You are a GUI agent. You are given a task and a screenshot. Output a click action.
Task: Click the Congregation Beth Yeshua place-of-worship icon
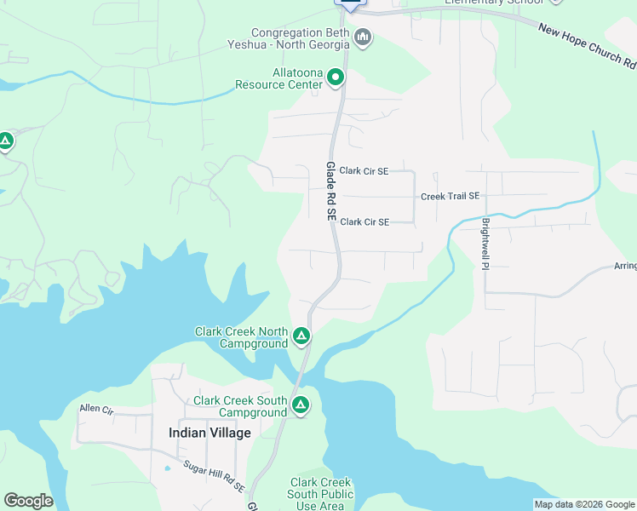(363, 37)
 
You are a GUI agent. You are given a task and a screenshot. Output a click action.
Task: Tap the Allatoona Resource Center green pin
(336, 78)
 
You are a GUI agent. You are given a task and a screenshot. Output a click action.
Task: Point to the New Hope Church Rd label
(587, 46)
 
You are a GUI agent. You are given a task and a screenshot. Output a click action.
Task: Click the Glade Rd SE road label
(330, 192)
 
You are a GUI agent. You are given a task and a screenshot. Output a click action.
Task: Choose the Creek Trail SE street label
(450, 196)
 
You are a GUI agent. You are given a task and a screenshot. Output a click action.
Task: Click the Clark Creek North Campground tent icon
(301, 336)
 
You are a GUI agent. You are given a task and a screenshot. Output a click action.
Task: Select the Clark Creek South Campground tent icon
(300, 405)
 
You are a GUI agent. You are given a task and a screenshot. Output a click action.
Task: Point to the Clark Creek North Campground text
(241, 337)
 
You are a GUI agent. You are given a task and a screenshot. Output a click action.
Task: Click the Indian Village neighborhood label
(209, 433)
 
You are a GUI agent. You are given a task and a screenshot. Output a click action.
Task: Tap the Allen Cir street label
(96, 409)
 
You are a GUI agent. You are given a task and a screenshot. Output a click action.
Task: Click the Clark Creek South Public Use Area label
(319, 494)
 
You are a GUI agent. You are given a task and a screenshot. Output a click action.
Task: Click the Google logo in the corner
(28, 500)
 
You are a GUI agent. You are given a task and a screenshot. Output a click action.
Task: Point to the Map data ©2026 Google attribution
(584, 504)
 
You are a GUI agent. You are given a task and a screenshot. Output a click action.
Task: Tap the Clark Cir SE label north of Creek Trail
(364, 170)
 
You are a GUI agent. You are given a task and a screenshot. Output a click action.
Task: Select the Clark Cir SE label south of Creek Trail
(364, 221)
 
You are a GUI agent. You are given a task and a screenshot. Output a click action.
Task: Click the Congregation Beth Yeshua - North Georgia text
(289, 38)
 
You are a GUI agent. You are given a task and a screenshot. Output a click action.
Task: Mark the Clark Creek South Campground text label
(240, 406)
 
